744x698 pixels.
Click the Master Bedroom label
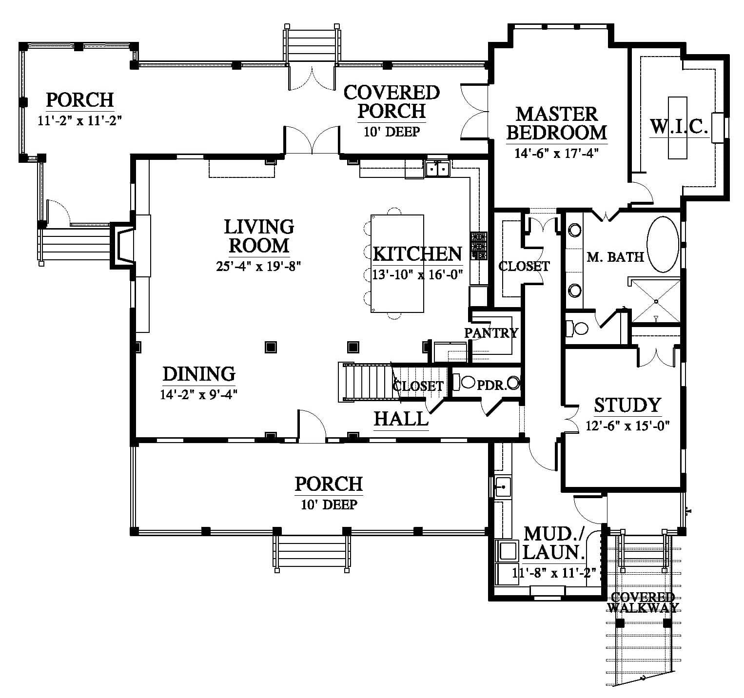click(x=556, y=123)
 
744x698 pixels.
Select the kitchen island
click(x=397, y=263)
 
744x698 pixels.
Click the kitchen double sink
click(x=437, y=168)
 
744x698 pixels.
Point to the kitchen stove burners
click(x=478, y=246)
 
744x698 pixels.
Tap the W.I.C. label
click(x=679, y=127)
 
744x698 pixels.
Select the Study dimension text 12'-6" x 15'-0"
click(x=627, y=426)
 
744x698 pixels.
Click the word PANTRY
click(x=491, y=333)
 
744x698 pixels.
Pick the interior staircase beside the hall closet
click(x=368, y=382)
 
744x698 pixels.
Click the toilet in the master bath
click(x=577, y=328)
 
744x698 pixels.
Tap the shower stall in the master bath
click(x=656, y=300)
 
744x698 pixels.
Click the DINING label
click(x=199, y=374)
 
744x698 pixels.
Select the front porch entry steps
click(x=312, y=551)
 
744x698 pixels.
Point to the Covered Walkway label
click(x=642, y=602)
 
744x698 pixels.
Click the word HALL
click(x=401, y=418)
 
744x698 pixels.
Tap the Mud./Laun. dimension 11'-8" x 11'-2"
click(x=551, y=572)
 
